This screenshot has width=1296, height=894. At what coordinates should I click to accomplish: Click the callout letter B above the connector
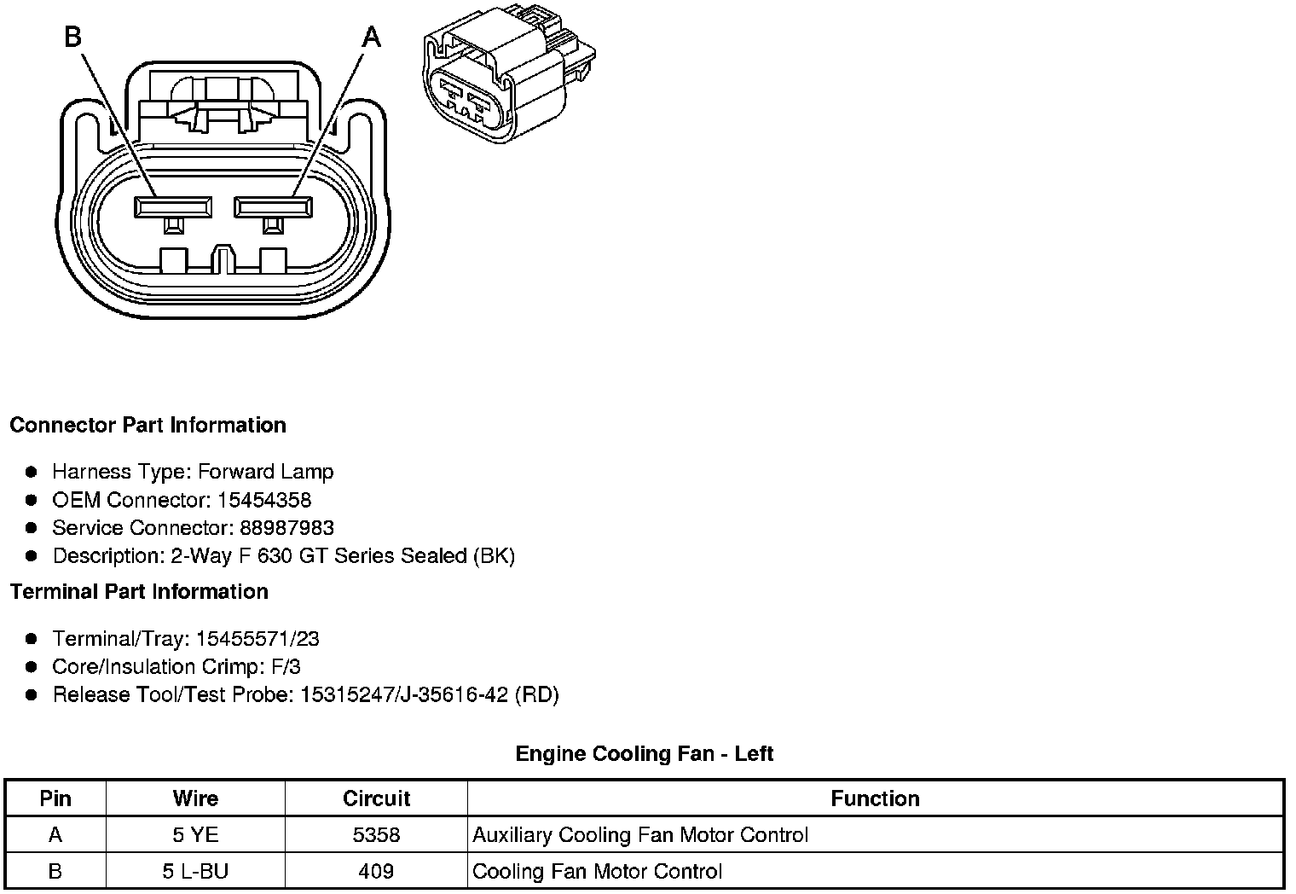tap(73, 37)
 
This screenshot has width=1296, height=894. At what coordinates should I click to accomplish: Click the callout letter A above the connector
tap(372, 38)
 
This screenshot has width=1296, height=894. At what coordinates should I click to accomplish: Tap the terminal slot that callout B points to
tap(174, 206)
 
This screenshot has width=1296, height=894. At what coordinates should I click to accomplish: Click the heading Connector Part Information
tap(148, 425)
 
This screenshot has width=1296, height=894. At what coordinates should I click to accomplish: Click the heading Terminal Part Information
tap(139, 591)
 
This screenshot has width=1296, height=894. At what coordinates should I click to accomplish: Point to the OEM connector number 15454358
tap(264, 500)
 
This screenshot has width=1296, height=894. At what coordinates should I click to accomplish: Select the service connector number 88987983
tap(286, 528)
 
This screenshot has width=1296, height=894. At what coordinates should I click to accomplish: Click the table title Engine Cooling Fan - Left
tap(645, 753)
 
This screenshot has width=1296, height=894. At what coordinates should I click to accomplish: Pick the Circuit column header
tap(376, 798)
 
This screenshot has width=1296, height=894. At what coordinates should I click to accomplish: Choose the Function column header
tap(875, 798)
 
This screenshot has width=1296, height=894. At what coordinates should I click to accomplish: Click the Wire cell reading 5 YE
tap(195, 834)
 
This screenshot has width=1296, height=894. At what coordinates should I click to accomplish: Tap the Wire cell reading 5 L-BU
tap(195, 871)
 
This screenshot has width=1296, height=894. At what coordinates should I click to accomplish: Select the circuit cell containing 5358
tap(376, 834)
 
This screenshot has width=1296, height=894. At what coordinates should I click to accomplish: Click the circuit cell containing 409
tap(376, 871)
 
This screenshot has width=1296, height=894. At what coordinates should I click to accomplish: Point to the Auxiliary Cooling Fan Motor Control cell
tap(639, 834)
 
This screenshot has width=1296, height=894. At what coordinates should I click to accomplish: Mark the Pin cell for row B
tap(55, 871)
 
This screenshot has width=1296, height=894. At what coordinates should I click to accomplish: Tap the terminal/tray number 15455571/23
tap(257, 639)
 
